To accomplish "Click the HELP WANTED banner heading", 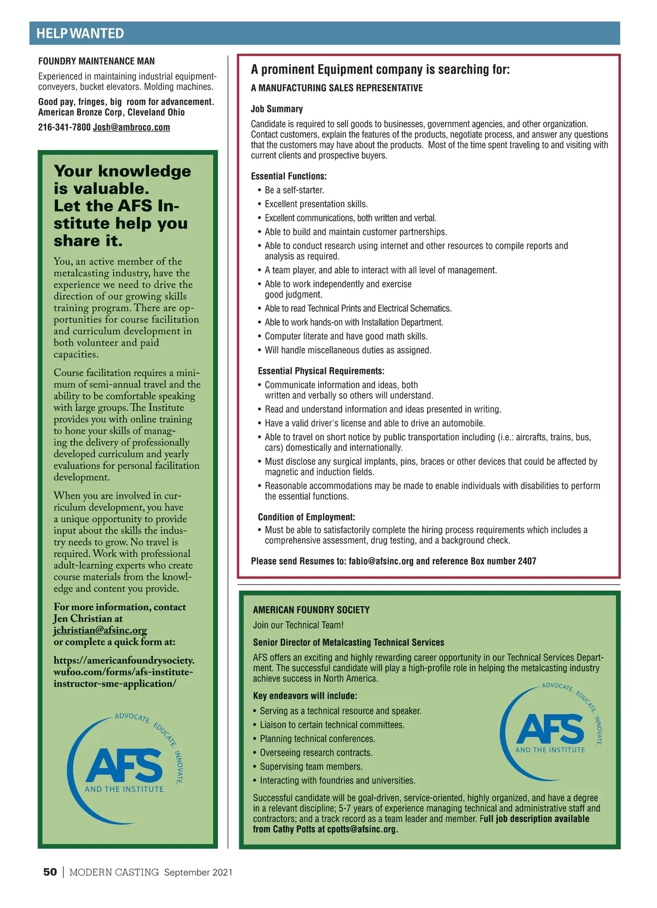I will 80,33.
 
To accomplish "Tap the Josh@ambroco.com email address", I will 131,127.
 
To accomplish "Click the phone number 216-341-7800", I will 64,127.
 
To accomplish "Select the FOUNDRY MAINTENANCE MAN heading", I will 96,61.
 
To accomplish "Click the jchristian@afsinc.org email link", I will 100,630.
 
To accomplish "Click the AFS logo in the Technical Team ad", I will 550,729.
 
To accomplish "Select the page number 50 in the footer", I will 50,872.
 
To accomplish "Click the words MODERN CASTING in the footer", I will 114,872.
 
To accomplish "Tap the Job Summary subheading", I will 276,109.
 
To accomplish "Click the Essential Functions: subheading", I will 289,176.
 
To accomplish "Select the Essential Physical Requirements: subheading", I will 321,371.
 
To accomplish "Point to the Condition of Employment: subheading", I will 307,517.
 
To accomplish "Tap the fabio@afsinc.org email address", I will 381,561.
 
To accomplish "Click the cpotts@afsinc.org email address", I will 361,829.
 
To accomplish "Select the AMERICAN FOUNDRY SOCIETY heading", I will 311,610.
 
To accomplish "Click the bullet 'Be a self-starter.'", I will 294,190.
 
